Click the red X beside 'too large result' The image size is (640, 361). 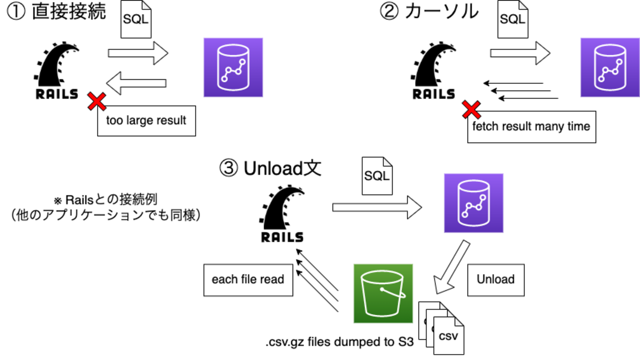pos(97,101)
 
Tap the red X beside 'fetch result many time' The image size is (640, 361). pos(472,109)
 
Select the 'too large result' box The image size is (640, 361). pos(146,121)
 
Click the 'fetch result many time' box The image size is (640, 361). pos(531,127)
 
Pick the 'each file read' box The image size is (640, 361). pos(248,280)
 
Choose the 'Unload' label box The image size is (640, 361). pos(495,280)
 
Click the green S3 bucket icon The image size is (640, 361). pos(383,293)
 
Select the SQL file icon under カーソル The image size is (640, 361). pos(512,20)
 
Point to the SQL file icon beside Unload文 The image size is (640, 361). pos(377,176)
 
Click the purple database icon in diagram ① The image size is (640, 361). pos(233,67)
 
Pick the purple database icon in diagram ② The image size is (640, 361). pos(609,67)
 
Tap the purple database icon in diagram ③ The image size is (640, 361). pos(473,203)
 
